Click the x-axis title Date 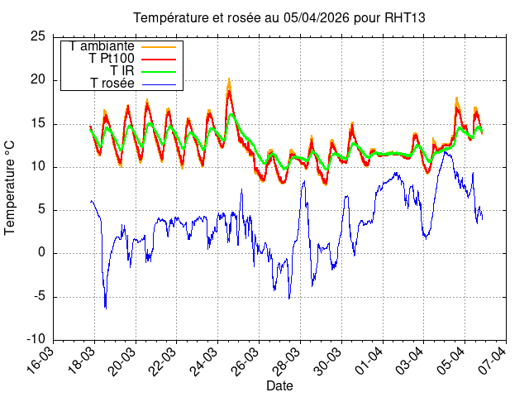coord(279,385)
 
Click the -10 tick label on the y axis coord(36,339)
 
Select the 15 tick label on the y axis coord(37,124)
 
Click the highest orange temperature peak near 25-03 coord(229,79)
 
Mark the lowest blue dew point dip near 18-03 coord(106,308)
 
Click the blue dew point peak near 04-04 coord(445,151)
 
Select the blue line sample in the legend coord(160,84)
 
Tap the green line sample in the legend coord(160,71)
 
